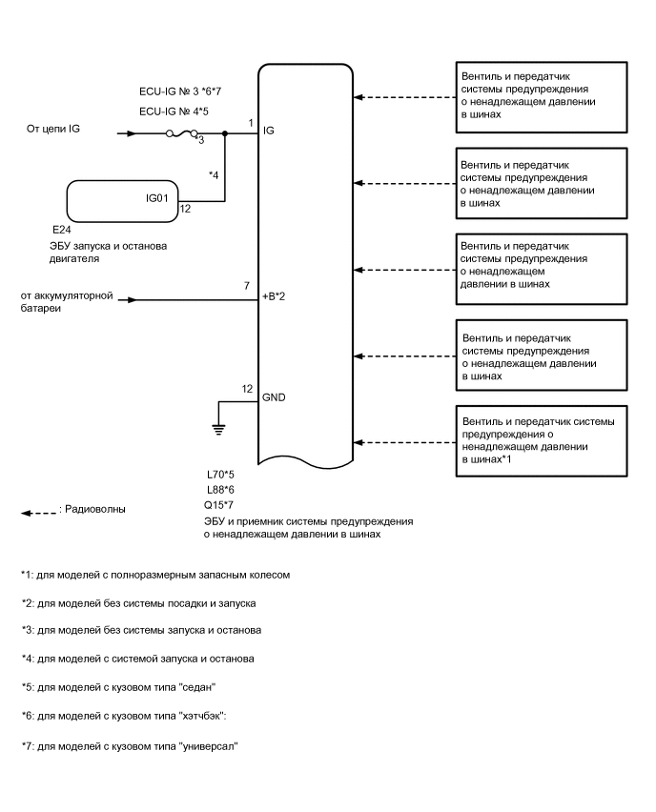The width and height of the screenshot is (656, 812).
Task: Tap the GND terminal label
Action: [274, 396]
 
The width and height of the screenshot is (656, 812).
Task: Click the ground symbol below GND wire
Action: [218, 429]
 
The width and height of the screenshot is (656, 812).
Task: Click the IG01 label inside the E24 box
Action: [147, 199]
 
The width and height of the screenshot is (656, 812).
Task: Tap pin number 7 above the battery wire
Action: [246, 286]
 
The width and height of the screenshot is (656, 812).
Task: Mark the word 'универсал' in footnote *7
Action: [205, 746]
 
